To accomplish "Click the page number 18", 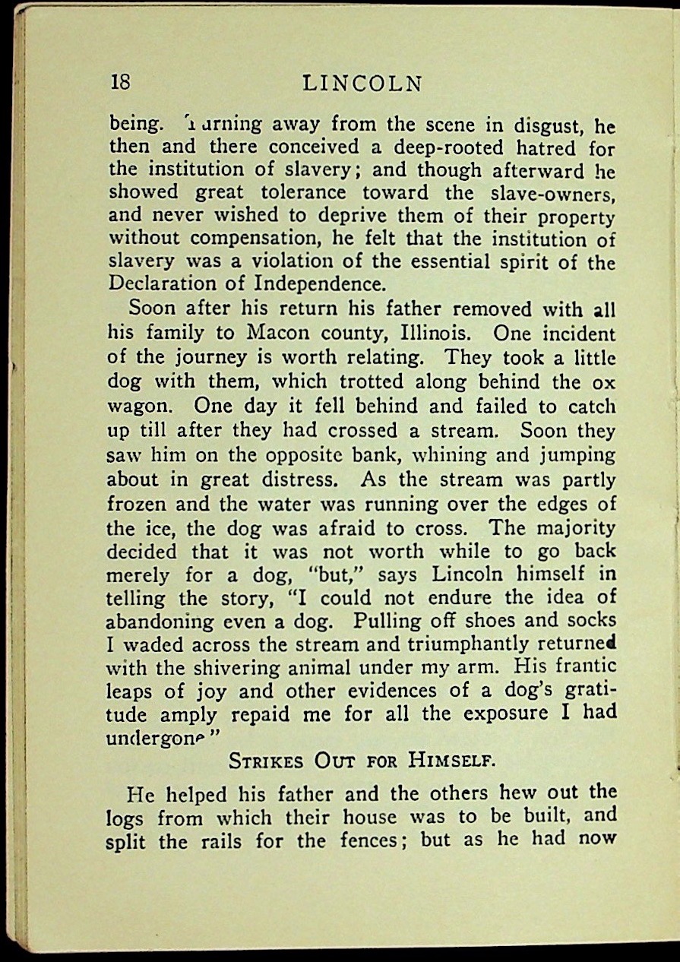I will [121, 82].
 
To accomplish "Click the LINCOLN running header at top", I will [362, 83].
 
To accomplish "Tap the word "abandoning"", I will [162, 622].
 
